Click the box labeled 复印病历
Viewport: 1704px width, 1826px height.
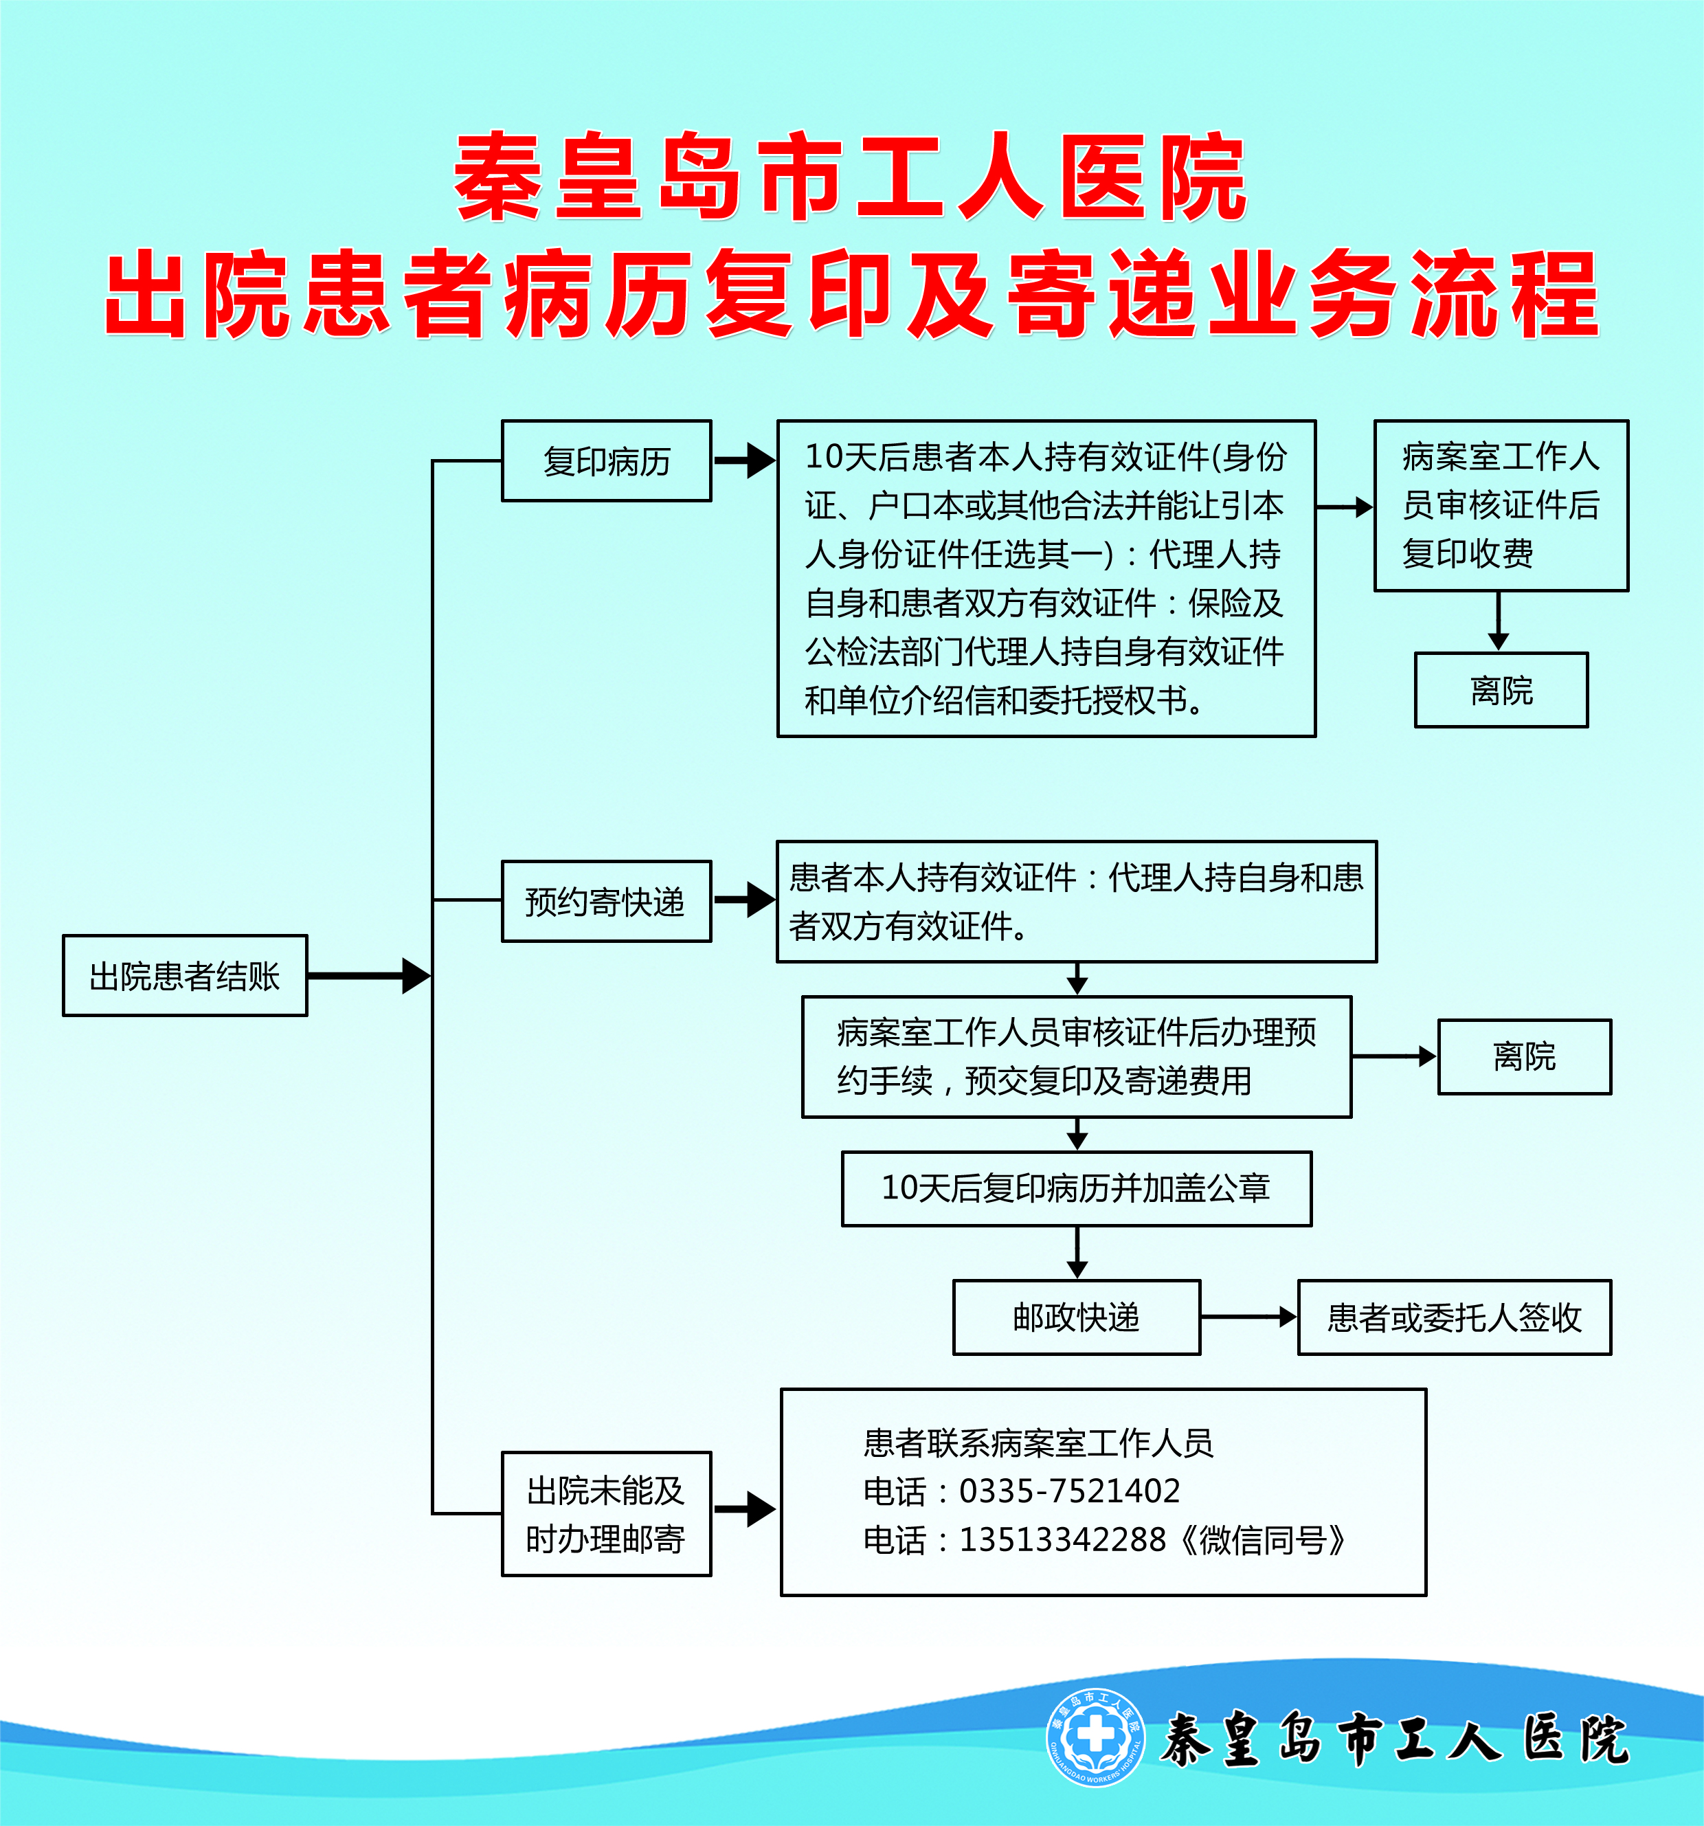coord(606,460)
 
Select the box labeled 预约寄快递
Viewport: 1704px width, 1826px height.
coord(606,901)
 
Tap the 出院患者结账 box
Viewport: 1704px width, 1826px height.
coord(185,975)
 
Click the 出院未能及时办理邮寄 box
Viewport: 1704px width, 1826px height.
coord(606,1514)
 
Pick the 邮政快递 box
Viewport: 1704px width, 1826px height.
coord(1077,1317)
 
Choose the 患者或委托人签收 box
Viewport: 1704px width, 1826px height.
coord(1455,1317)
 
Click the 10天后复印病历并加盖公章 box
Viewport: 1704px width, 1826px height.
coord(1077,1188)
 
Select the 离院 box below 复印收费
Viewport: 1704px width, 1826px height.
coord(1501,690)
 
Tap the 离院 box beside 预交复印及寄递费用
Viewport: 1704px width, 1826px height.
coord(1524,1056)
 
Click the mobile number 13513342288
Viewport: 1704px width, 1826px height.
coord(1062,1539)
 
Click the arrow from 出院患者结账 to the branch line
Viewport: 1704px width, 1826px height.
coord(369,975)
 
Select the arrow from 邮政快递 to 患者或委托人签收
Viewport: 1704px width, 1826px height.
coord(1248,1317)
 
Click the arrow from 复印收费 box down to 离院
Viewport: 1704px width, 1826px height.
coord(1499,621)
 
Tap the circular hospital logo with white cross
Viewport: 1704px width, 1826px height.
coord(1096,1738)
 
